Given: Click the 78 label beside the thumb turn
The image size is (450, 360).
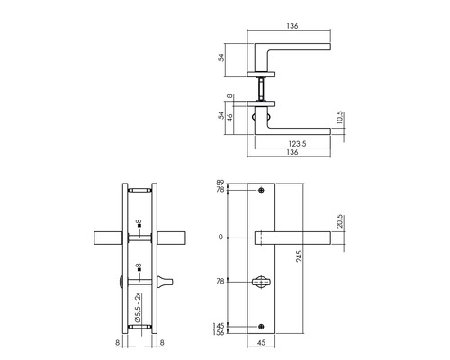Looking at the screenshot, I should click(x=221, y=280).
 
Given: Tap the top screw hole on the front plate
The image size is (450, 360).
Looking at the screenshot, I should click(x=262, y=192).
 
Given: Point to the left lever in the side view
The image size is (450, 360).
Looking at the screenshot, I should click(x=108, y=238).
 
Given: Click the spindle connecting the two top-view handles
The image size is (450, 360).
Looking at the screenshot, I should click(x=262, y=87).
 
